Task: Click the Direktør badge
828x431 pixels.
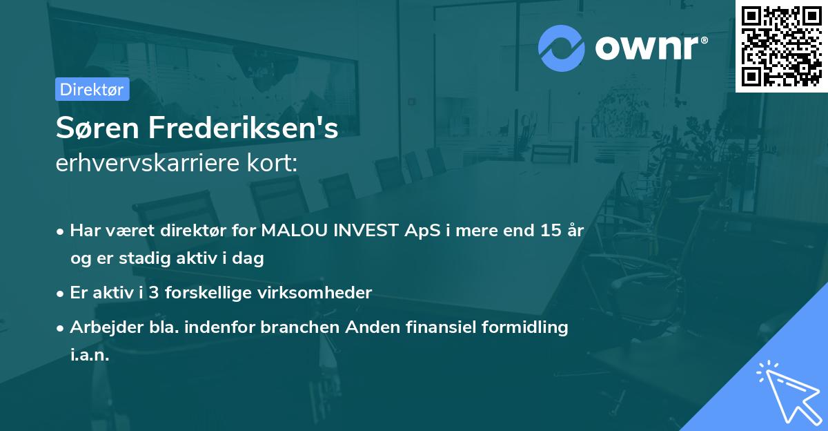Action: pyautogui.click(x=92, y=89)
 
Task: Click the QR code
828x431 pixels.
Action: pyautogui.click(x=782, y=46)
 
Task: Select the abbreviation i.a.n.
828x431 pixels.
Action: pyautogui.click(x=90, y=355)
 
